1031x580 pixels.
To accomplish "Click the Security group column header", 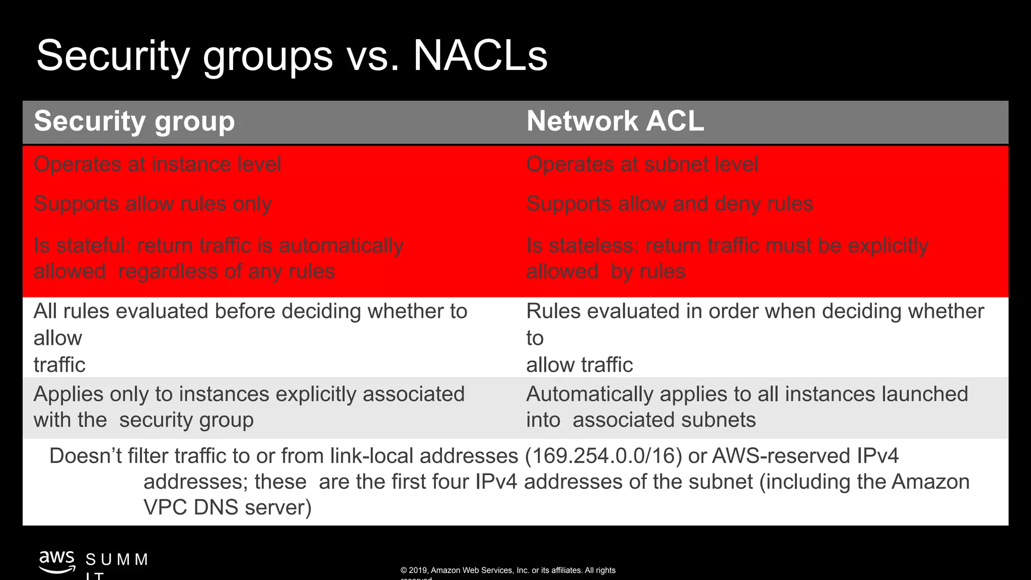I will [x=134, y=122].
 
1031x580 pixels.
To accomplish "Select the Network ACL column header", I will [x=615, y=122].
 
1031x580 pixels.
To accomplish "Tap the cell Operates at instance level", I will [x=157, y=165].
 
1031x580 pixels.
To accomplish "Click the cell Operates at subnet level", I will [x=642, y=165].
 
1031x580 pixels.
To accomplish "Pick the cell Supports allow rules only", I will [x=153, y=204].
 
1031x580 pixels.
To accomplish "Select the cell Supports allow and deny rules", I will [x=670, y=204].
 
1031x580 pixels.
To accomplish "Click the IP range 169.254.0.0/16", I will [x=603, y=456].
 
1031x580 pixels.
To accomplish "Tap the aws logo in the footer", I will [x=57, y=562].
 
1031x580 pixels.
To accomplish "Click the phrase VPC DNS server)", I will [x=228, y=507].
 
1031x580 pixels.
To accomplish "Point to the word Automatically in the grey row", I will [x=589, y=394].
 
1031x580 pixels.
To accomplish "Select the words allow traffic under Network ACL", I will [x=579, y=365].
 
